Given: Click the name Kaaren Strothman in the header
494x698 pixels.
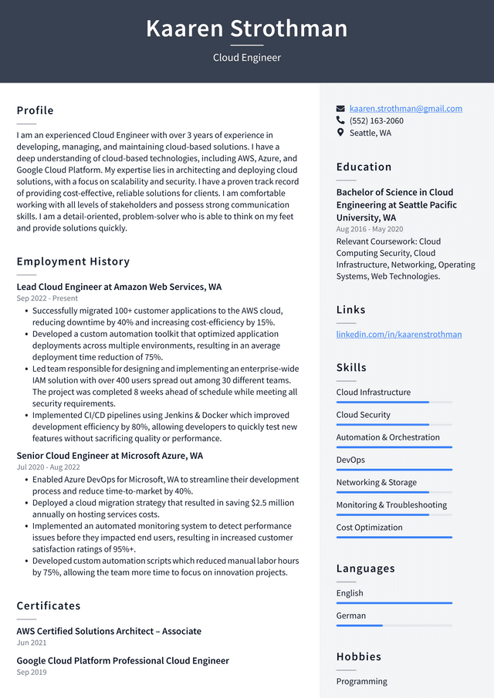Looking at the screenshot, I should (247, 29).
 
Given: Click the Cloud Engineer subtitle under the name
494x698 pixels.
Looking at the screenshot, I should (247, 58).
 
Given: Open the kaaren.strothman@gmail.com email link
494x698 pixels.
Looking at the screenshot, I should (405, 109).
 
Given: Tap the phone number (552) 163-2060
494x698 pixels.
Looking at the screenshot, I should (376, 121).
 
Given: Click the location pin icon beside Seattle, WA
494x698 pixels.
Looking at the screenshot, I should (340, 133).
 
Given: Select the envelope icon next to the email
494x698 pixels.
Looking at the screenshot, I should (340, 109).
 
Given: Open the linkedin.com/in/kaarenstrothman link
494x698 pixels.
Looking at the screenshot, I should (399, 334).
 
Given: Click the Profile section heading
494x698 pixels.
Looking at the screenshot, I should (36, 110).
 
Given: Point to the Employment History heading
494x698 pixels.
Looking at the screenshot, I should (73, 261).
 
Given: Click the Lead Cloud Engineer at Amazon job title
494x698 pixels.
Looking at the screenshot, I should (119, 287).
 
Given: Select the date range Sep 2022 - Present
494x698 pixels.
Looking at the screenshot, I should (47, 298).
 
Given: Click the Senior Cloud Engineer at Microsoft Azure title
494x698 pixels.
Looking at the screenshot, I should (110, 456).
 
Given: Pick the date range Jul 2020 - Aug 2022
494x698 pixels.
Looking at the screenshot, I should (48, 467).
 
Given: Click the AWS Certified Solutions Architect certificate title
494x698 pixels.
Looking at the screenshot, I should (109, 631).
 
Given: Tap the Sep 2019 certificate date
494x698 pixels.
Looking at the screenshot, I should (32, 673).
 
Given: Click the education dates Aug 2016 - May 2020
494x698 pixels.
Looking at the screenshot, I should (370, 230).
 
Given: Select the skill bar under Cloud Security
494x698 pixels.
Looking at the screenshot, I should (394, 425).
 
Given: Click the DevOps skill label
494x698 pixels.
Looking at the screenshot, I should (350, 460).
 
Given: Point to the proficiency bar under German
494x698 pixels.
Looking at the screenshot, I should (394, 626).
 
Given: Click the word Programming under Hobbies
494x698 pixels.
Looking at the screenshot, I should (362, 681).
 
